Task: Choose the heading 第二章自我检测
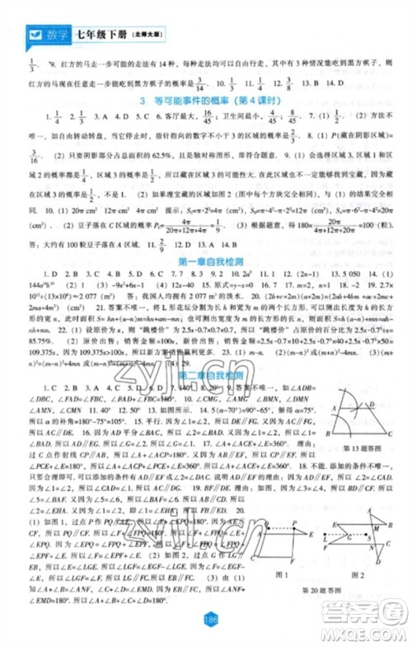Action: click(x=205, y=375)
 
